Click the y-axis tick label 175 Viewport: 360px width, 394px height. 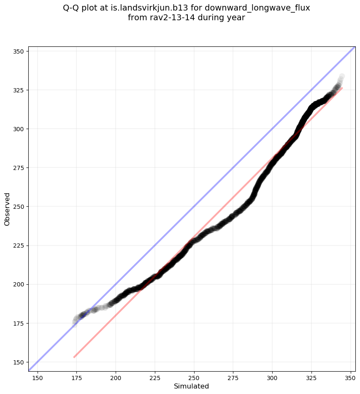point(17,323)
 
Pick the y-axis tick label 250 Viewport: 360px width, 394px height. point(17,207)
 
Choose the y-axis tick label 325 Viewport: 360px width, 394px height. point(17,90)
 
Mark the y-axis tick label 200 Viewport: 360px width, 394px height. point(17,284)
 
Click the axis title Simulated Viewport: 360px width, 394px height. point(192,386)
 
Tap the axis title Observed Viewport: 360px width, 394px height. point(7,209)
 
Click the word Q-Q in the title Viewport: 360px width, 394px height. point(72,8)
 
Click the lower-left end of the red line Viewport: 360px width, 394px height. point(74,357)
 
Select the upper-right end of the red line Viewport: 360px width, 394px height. point(342,88)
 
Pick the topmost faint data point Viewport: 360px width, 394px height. point(342,76)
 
